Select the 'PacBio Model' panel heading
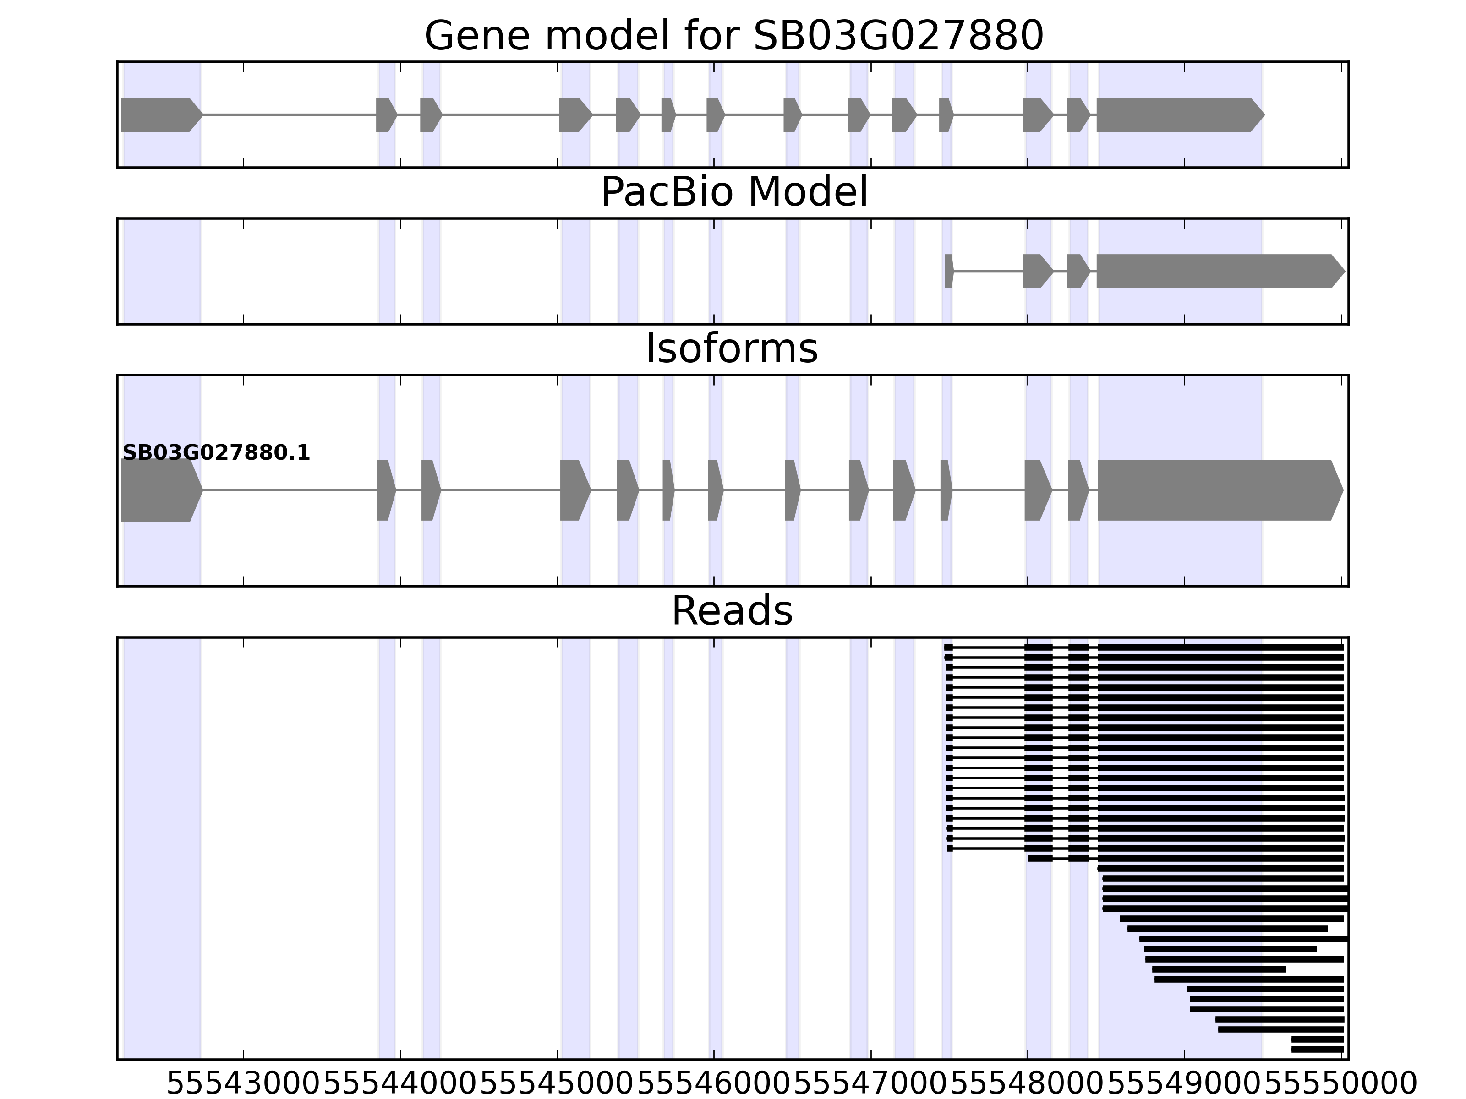733,193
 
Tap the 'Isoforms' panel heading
732,349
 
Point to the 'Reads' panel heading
732,611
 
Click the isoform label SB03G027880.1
216,453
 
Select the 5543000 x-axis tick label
244,1084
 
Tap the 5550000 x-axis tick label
1341,1084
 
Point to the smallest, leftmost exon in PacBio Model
948,271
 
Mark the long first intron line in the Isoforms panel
290,490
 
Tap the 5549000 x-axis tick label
1184,1084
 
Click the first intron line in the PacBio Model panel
988,271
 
